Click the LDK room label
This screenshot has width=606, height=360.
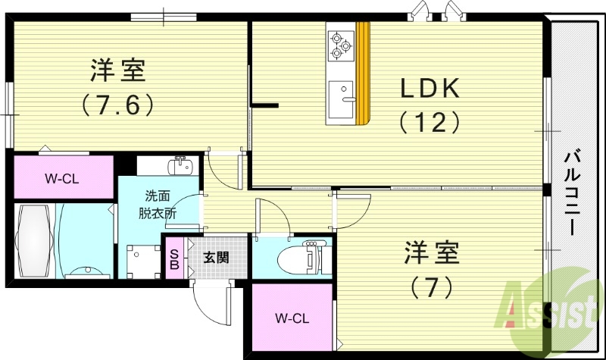430,89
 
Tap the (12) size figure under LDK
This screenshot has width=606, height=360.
430,121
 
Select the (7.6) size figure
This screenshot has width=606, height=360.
118,104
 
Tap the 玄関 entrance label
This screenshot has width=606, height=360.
214,258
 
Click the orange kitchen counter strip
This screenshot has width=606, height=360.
364,72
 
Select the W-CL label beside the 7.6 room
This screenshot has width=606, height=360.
62,179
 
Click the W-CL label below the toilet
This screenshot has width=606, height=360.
291,317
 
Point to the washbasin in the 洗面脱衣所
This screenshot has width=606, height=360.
180,164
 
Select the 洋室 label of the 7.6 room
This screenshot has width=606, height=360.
118,72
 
